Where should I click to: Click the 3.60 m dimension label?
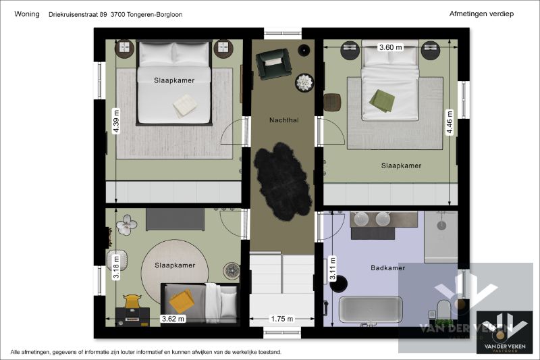[390, 47]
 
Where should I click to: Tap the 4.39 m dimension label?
[116, 122]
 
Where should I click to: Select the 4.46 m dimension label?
[450, 122]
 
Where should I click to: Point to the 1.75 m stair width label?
[281, 319]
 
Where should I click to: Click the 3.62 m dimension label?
[173, 319]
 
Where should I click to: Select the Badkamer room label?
[387, 268]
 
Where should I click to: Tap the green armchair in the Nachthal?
[273, 64]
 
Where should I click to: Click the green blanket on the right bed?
[381, 100]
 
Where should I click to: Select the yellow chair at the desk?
[133, 301]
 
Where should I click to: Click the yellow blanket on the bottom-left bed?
[181, 300]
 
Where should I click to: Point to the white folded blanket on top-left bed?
[184, 105]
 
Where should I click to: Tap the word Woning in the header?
[27, 14]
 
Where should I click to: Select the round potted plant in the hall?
[305, 82]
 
